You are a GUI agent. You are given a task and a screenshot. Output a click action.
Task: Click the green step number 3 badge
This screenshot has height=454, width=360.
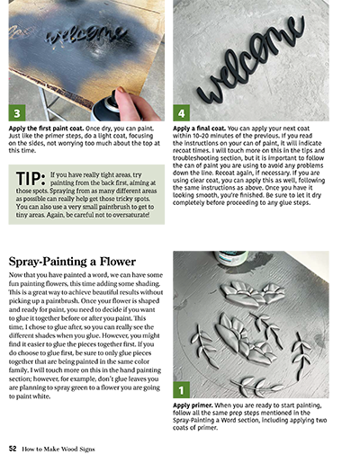coord(15,114)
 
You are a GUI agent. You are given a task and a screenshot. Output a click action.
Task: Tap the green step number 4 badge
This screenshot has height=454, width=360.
coord(181,114)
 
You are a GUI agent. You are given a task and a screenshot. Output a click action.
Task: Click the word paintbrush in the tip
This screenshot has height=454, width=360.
coord(108,206)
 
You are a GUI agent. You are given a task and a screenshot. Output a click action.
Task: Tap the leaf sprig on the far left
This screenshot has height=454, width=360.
coord(202,344)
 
